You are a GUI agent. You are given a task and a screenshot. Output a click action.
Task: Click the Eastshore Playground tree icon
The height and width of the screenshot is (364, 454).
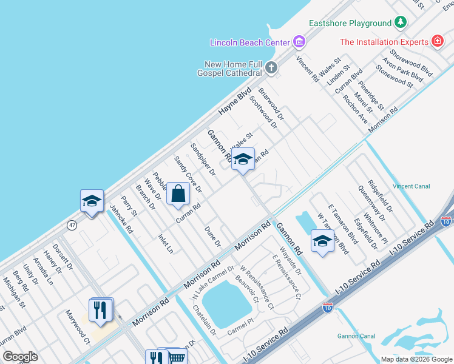point(400,23)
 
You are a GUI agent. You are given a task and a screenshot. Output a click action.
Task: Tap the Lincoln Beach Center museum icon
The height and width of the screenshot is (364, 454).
point(299,42)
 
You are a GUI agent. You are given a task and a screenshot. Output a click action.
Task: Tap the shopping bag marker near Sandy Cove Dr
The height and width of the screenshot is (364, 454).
point(178,194)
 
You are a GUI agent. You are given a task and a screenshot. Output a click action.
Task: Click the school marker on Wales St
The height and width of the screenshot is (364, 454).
point(243,160)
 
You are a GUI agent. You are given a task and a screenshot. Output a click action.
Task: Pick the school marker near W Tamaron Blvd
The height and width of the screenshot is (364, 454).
point(322,241)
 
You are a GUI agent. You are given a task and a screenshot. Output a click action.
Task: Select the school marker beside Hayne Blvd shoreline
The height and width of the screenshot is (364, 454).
point(92,201)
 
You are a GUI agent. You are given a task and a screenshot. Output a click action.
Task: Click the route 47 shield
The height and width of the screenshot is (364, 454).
point(72,225)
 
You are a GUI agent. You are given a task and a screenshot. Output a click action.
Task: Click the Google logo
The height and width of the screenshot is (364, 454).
point(20,357)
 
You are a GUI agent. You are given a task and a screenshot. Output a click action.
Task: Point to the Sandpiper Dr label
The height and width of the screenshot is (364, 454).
point(203,159)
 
